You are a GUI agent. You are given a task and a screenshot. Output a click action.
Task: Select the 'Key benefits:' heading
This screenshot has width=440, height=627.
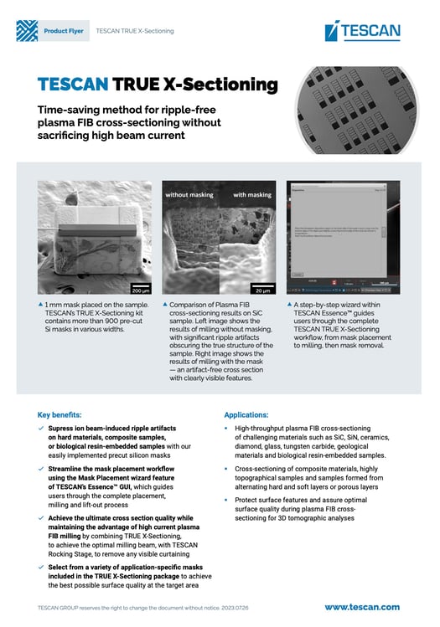60,414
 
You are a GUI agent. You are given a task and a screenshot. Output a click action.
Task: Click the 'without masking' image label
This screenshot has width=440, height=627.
189,194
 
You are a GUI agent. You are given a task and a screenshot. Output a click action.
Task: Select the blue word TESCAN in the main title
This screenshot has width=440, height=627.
73,85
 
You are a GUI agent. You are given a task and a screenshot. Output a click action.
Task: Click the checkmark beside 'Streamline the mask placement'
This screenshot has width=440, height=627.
42,470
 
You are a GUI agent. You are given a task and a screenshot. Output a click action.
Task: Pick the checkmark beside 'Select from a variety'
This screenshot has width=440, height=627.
42,568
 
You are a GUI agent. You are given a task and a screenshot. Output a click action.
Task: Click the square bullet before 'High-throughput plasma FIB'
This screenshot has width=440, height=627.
227,429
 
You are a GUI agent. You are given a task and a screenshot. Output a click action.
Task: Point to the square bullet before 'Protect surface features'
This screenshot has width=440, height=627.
227,500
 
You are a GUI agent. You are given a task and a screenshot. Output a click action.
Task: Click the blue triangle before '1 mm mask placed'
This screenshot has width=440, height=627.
42,306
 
